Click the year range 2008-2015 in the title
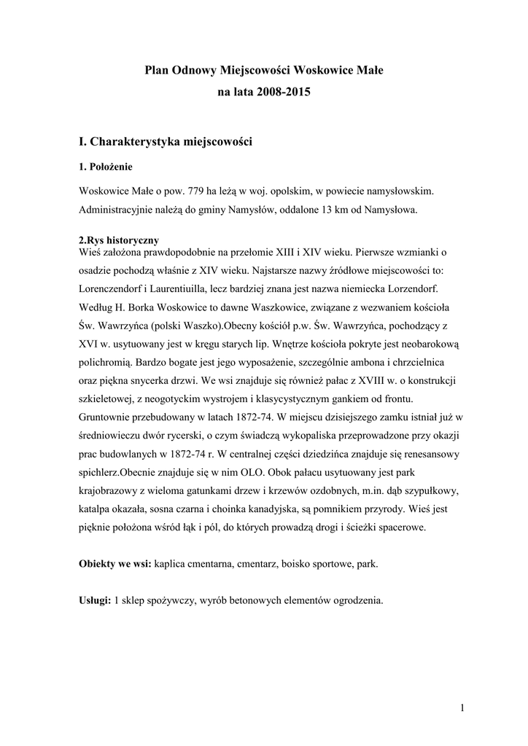click(279, 93)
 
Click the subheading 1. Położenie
click(105, 167)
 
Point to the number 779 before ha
click(194, 192)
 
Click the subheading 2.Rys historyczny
click(118, 240)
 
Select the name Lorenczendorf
click(114, 287)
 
